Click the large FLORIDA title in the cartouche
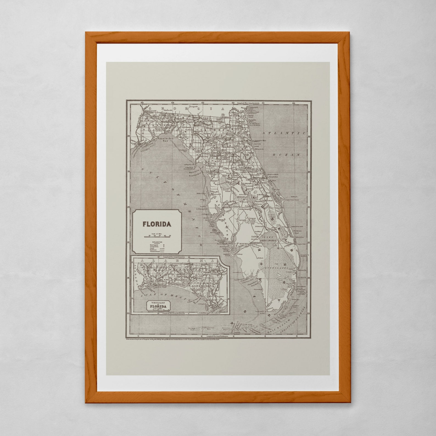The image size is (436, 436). point(157,224)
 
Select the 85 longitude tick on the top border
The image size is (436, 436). point(142,103)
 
